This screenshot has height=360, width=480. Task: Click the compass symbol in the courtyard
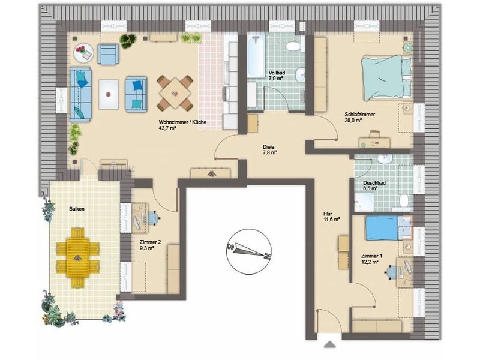[249, 251]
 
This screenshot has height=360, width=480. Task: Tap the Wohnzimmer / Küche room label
[182, 122]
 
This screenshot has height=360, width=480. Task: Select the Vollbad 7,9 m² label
[277, 76]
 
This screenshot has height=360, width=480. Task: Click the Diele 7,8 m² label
[269, 149]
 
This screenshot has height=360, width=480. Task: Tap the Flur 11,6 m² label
[332, 217]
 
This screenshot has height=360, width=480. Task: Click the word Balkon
[77, 209]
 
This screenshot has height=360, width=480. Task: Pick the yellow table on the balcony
[78, 257]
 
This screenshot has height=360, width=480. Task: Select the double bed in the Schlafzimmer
[386, 77]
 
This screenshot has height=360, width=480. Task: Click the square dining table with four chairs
[175, 93]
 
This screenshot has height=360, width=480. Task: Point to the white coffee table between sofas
[109, 94]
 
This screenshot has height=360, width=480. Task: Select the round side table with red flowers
[83, 53]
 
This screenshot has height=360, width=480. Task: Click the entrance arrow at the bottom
[329, 344]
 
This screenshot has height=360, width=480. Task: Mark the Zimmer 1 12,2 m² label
[371, 259]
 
